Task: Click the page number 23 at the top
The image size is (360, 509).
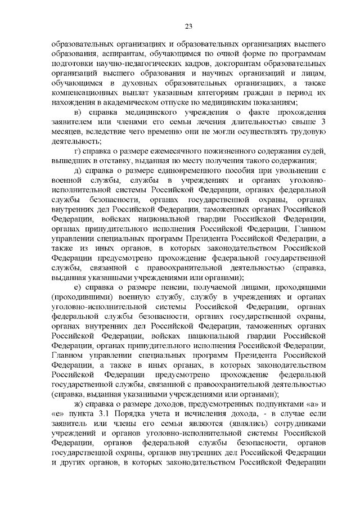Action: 188,26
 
